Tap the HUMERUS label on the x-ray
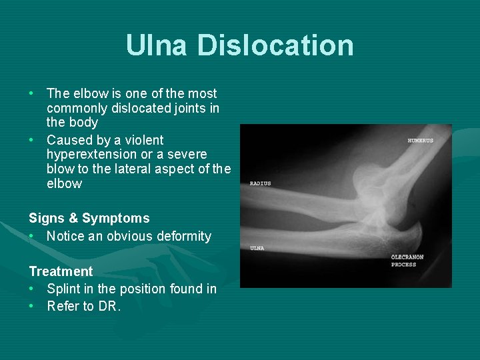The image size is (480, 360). click(420, 141)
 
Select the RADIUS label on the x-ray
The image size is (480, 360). click(260, 183)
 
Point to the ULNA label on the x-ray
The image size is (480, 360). click(257, 248)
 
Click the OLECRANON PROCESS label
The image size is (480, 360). click(407, 261)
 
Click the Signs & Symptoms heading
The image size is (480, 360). click(89, 218)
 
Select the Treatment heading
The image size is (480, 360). click(61, 271)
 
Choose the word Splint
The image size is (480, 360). click(63, 289)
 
